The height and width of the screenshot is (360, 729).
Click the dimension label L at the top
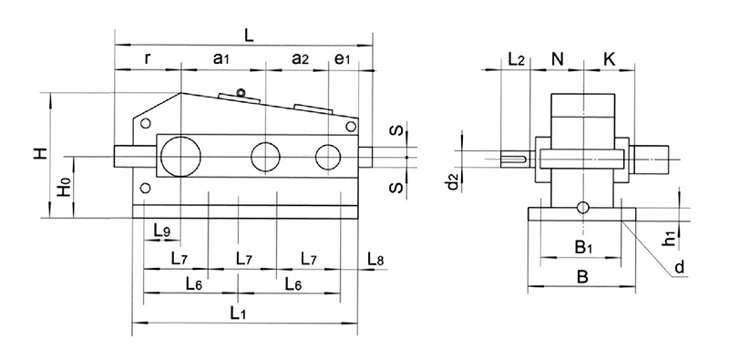(248, 34)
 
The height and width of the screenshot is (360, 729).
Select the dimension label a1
(221, 58)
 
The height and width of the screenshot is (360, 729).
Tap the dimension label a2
(300, 58)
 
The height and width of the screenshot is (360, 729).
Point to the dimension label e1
(342, 58)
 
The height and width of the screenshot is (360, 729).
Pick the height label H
(38, 155)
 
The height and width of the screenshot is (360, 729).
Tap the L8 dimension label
(375, 261)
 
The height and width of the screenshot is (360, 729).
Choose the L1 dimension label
(239, 313)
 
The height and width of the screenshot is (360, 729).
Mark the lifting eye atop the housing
(241, 91)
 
